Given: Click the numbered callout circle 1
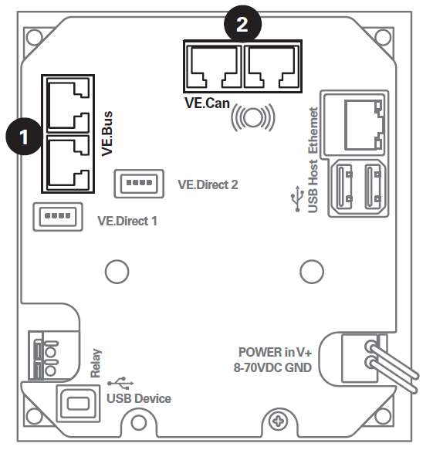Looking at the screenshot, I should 24,138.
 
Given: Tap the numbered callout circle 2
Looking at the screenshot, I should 242,24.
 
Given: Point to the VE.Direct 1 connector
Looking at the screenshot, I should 56,215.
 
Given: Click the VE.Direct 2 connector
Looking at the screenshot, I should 137,183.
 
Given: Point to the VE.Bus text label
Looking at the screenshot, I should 108,136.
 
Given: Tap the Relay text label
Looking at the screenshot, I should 96,362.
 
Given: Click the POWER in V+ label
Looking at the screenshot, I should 275,351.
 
